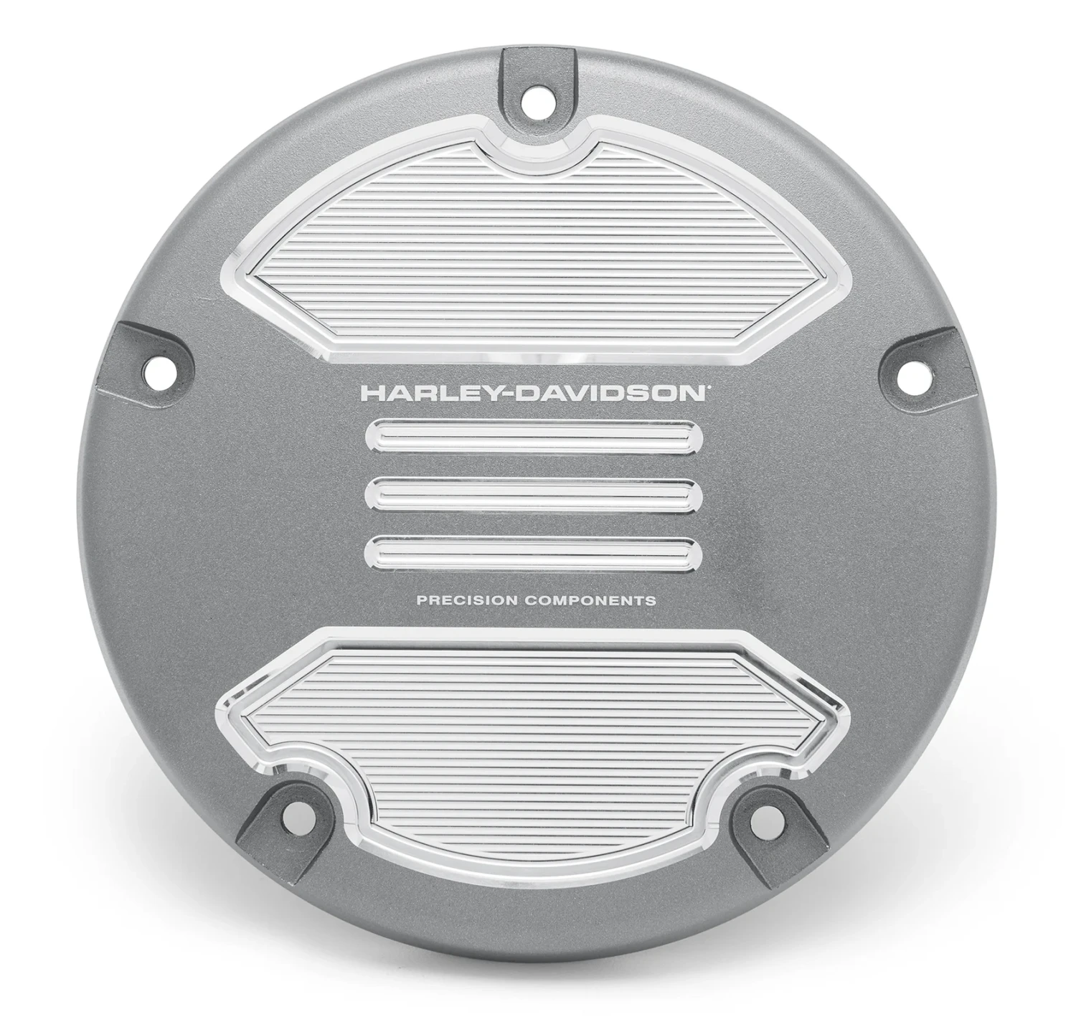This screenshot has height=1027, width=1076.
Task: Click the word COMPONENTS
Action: click(590, 600)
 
